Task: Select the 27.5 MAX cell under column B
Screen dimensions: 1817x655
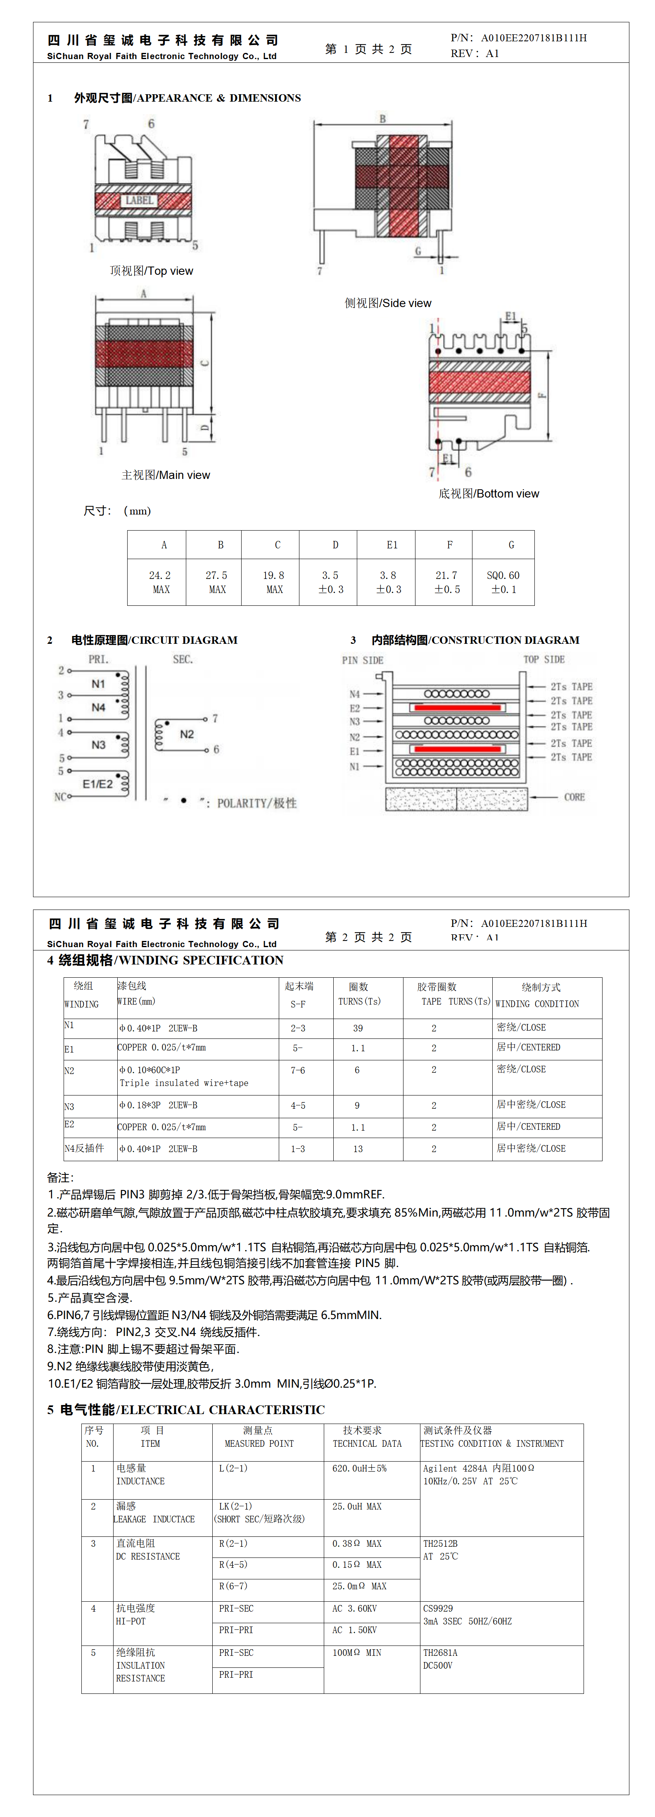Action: pos(216,582)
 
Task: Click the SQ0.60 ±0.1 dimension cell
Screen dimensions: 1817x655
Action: pos(503,582)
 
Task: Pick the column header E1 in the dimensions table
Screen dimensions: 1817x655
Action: pos(392,545)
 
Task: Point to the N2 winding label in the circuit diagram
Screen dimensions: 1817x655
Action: pos(187,734)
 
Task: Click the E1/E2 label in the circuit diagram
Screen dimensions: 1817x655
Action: pos(97,783)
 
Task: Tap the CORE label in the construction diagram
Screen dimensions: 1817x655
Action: pos(574,797)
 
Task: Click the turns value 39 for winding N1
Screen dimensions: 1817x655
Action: pos(358,1029)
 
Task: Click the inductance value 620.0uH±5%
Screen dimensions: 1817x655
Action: pos(360,1468)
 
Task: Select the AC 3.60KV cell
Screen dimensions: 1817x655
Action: pos(355,1608)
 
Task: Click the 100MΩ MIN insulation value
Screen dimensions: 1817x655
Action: pos(357,1653)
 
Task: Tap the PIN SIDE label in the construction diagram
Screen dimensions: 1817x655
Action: pos(363,660)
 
